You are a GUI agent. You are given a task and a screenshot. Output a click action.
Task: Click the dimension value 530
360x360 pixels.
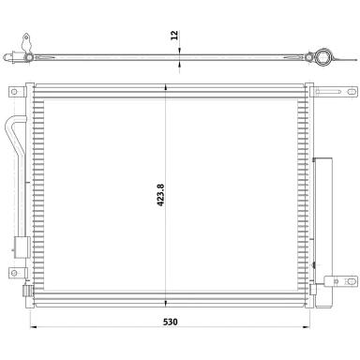pyautogui.click(x=171, y=322)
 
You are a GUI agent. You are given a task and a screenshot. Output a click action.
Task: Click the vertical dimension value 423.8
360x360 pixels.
pyautogui.click(x=160, y=195)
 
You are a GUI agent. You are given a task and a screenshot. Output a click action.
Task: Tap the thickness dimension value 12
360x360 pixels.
pyautogui.click(x=174, y=35)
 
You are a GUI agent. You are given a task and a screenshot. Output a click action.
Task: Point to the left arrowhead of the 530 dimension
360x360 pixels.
pyautogui.click(x=34, y=327)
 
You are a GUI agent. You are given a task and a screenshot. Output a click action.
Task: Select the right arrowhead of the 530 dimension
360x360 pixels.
pyautogui.click(x=306, y=327)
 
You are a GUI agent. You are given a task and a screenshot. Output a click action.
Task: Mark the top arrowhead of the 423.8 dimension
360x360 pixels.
pyautogui.click(x=166, y=87)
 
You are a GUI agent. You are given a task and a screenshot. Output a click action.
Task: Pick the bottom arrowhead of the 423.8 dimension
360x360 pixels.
pyautogui.click(x=166, y=303)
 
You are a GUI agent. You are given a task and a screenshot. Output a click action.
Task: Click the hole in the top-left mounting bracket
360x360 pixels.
pyautogui.click(x=14, y=92)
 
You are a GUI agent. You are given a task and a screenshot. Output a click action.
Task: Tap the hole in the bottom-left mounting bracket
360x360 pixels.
pyautogui.click(x=14, y=273)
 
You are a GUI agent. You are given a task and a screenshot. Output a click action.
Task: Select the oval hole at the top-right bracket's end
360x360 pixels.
pyautogui.click(x=352, y=92)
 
